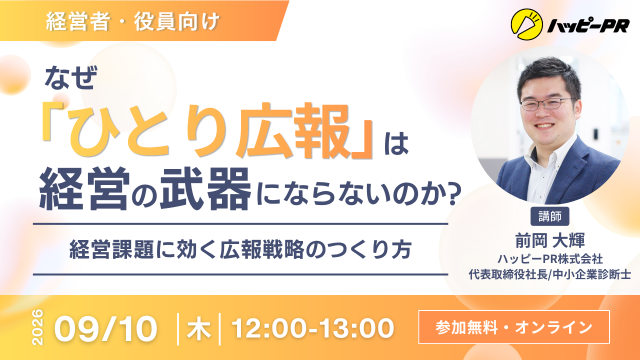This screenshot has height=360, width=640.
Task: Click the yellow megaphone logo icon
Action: [x=527, y=25]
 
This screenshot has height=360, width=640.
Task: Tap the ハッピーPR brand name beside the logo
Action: [x=588, y=27]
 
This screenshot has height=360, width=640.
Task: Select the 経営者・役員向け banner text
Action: [x=133, y=22]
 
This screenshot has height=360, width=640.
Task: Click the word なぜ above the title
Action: [x=71, y=78]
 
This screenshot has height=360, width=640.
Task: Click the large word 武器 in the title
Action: [x=205, y=189]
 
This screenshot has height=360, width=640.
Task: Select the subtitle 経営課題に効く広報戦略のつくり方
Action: [x=240, y=249]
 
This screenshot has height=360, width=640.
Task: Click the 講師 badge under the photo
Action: [x=549, y=216]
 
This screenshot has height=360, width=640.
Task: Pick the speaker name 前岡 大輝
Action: [x=549, y=240]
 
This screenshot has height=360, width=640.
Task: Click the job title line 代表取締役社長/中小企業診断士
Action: [x=549, y=274]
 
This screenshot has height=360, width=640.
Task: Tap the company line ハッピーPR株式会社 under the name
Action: [x=549, y=259]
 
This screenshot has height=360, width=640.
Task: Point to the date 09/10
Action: [x=106, y=329]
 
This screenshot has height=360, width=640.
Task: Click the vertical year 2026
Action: [x=38, y=327]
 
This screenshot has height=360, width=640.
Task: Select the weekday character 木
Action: [x=199, y=329]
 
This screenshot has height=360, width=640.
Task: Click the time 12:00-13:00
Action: [x=313, y=329]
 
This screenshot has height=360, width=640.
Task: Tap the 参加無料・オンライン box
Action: [x=514, y=327]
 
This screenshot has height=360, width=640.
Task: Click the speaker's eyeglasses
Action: [x=547, y=104]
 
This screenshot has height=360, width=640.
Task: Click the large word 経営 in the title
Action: [x=84, y=189]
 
